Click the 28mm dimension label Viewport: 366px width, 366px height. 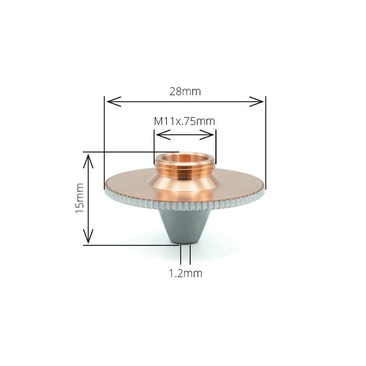click(185, 92)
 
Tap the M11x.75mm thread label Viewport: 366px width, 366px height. click(185, 121)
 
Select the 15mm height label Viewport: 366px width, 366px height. click(79, 198)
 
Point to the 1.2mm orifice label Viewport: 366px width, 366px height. click(185, 273)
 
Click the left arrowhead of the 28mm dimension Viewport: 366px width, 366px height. click(114, 101)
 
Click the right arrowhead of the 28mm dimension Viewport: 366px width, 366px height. click(256, 101)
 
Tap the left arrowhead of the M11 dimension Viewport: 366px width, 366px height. click(163, 135)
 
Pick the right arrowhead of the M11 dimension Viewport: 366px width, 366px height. click(207, 135)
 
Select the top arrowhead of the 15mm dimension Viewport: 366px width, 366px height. click(88, 161)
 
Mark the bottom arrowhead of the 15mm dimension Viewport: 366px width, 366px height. click(88, 236)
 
